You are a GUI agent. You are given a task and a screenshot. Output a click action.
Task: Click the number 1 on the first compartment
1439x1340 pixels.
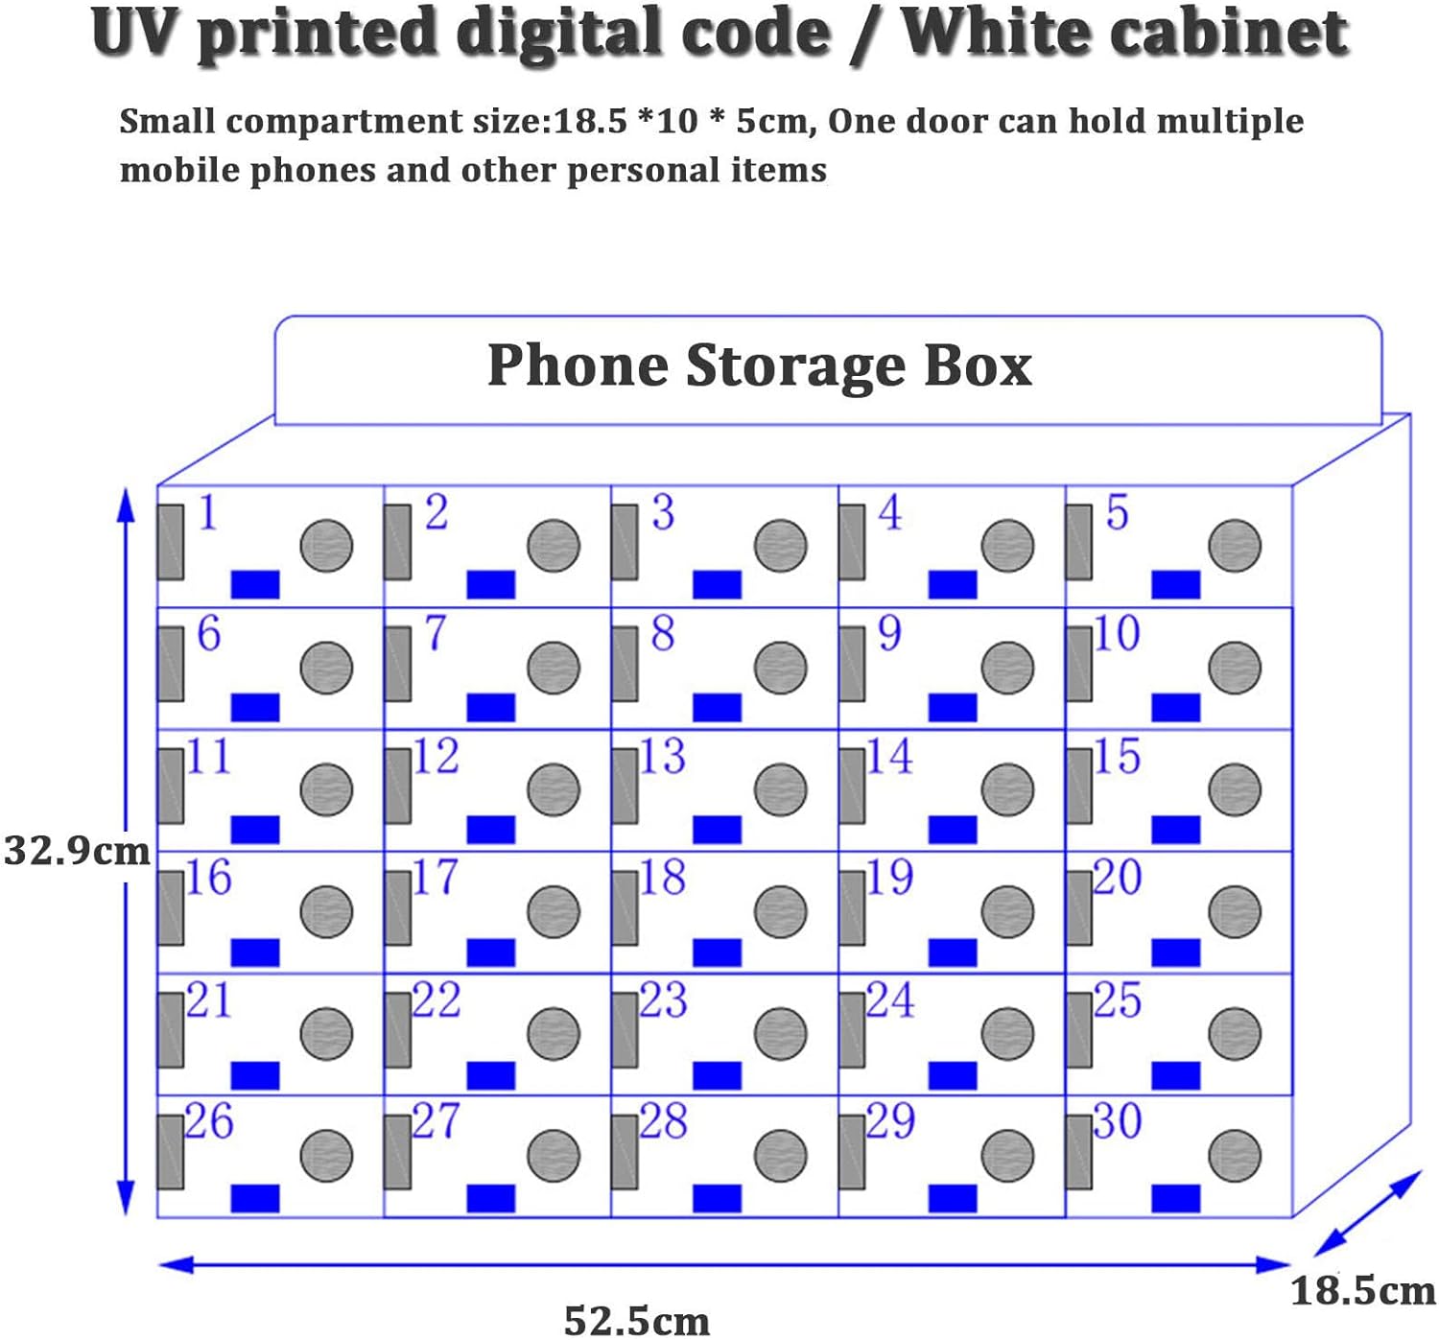[x=208, y=513]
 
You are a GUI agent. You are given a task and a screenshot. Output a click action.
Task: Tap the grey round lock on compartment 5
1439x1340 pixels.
[x=1234, y=546]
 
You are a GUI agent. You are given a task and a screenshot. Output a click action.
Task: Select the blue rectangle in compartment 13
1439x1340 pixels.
[x=717, y=830]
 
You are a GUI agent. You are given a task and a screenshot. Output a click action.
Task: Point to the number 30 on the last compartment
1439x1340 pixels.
[x=1118, y=1121]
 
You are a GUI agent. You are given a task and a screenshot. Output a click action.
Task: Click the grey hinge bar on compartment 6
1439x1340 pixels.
[x=171, y=664]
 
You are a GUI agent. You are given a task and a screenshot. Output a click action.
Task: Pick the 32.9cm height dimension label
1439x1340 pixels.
[x=77, y=851]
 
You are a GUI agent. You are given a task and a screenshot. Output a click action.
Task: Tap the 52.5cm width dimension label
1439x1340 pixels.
[x=636, y=1320]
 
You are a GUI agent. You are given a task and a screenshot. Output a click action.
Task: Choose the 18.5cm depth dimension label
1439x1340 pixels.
[x=1362, y=1291]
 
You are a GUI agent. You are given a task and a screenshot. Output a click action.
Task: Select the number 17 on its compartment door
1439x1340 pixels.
[x=436, y=878]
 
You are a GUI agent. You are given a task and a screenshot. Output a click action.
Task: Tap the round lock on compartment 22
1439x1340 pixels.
[x=554, y=1034]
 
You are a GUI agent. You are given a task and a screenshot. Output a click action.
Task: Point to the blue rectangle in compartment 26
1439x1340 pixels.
[x=255, y=1198]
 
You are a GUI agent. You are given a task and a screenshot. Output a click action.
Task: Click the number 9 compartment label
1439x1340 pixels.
[x=889, y=634]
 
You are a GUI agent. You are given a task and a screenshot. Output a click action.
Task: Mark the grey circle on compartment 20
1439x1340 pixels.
[x=1234, y=911]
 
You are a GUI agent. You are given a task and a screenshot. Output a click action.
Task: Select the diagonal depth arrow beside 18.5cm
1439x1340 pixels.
[x=1366, y=1213]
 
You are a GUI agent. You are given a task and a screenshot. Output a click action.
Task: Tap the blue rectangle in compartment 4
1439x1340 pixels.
[x=953, y=584]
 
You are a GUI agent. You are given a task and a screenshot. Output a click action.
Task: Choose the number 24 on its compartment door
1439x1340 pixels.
[x=889, y=1000]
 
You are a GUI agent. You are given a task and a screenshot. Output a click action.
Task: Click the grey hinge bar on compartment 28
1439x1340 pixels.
[x=625, y=1152]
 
